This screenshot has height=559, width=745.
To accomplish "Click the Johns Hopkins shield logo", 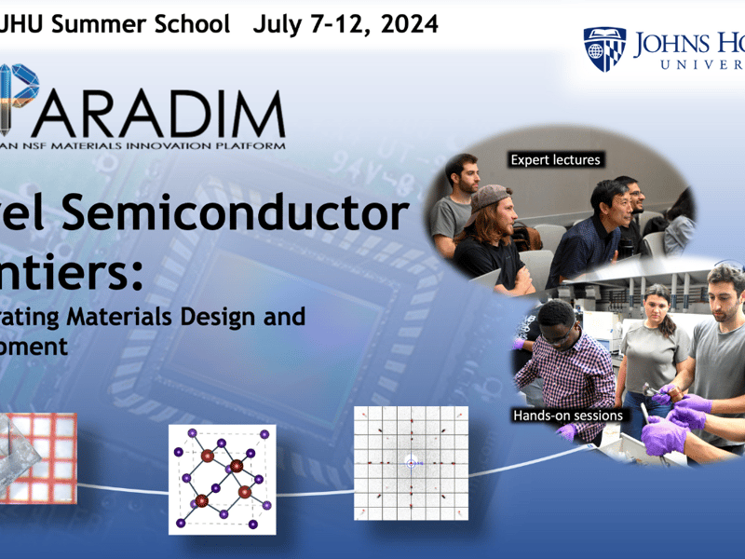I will tap(604, 48).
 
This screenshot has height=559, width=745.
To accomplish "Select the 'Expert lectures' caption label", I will tap(556, 159).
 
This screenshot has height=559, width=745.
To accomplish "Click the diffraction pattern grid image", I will tap(411, 462).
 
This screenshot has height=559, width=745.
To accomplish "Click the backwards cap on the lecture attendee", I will tap(488, 197).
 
